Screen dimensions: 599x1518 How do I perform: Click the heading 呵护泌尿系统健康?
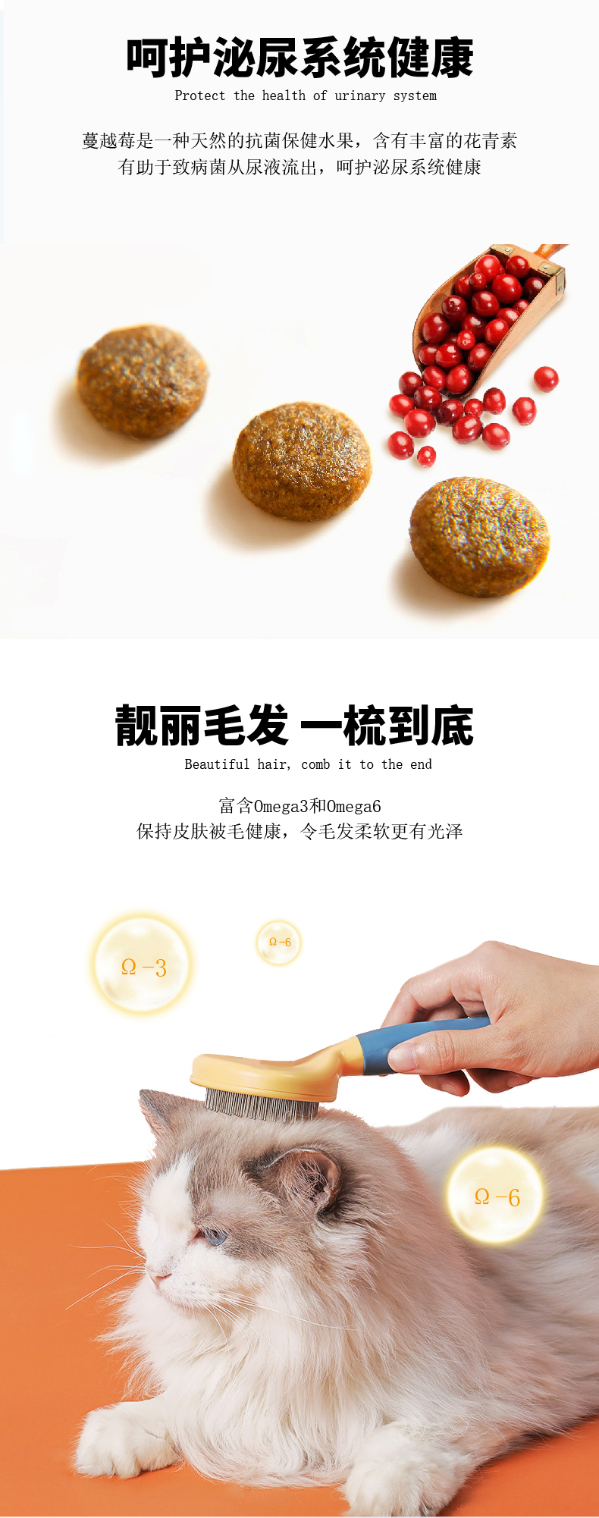[299, 58]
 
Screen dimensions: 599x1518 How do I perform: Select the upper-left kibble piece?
[143, 381]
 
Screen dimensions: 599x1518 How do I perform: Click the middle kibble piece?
[302, 461]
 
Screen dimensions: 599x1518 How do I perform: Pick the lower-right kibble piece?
[478, 536]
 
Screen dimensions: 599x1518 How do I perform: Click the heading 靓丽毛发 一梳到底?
[295, 726]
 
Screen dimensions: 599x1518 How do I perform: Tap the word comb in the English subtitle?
[315, 764]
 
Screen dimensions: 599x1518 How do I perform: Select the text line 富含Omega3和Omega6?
[299, 806]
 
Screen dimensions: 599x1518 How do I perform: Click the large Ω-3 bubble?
[143, 964]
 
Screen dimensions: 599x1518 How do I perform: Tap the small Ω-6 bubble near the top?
[279, 942]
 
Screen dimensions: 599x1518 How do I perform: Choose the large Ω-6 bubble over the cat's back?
[496, 1196]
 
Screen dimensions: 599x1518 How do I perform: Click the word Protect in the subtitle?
[200, 96]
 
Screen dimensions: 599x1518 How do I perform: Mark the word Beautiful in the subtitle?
[217, 764]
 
